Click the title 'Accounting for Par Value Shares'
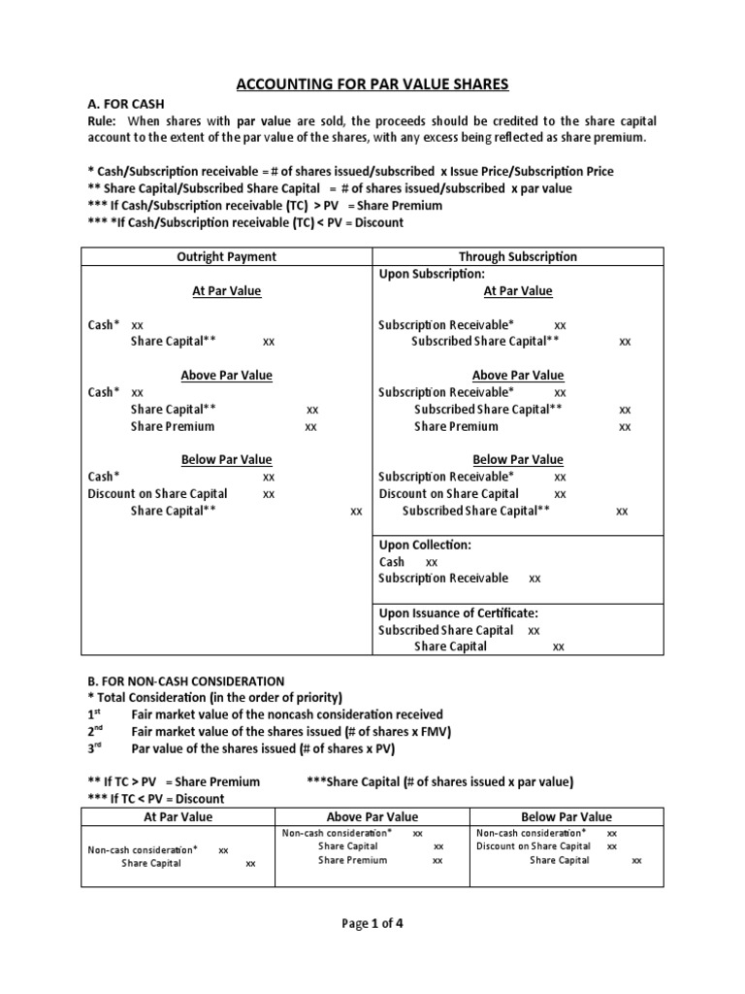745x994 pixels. pos(372,84)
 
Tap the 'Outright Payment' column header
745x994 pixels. pos(226,256)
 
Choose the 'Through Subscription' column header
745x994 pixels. pos(518,256)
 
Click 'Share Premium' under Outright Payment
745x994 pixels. pos(173,426)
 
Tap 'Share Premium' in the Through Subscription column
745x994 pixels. pos(456,426)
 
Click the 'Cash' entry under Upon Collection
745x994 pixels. pos(392,561)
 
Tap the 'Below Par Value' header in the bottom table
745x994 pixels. pos(567,816)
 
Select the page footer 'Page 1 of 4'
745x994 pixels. pos(372,923)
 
